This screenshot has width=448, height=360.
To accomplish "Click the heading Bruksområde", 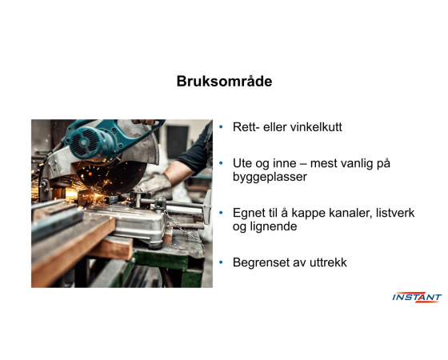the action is [x=224, y=82].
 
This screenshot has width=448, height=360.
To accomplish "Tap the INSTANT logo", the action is [x=417, y=297].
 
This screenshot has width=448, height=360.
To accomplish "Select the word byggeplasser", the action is [x=270, y=177].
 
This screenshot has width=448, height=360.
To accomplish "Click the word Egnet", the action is [x=250, y=213].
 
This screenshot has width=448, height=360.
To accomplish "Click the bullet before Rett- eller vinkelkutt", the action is [x=221, y=127].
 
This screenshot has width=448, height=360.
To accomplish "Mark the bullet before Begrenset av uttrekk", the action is [x=221, y=262].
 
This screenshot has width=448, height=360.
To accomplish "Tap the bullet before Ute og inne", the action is [x=221, y=163].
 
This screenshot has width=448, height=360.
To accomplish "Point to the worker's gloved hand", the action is [x=154, y=186].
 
